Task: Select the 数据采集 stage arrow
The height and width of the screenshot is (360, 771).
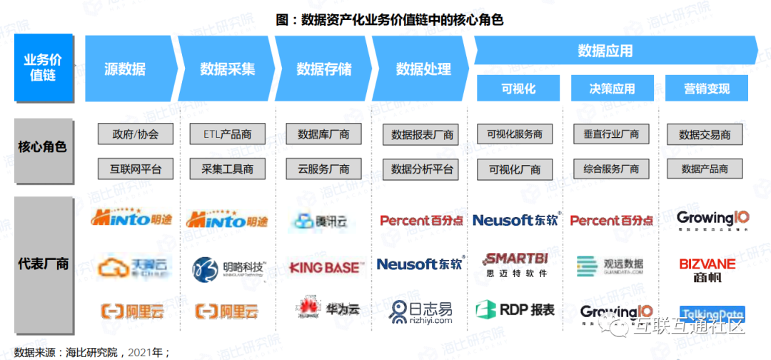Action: click(227, 69)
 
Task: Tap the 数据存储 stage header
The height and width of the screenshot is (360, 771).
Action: click(324, 69)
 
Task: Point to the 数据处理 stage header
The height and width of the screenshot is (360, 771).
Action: click(423, 69)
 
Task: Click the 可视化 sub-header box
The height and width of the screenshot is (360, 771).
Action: click(518, 89)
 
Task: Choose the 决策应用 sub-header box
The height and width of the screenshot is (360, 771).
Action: click(612, 89)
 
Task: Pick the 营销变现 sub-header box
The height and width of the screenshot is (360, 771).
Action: click(707, 89)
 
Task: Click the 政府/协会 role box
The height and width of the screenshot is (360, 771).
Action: click(136, 134)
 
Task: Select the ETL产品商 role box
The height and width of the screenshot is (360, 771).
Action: click(227, 134)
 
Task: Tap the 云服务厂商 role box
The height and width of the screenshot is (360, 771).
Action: click(323, 169)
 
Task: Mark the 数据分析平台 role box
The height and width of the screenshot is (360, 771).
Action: click(423, 169)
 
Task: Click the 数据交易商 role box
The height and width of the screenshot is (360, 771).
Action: click(705, 134)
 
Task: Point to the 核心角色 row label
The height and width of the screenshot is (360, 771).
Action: click(43, 148)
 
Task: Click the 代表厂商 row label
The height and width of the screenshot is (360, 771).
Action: click(43, 263)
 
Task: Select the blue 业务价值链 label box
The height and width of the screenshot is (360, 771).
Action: click(43, 68)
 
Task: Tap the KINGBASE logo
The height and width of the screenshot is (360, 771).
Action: click(326, 267)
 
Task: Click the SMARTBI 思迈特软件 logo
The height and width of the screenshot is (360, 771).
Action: click(515, 264)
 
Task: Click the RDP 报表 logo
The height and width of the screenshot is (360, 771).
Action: click(515, 310)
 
